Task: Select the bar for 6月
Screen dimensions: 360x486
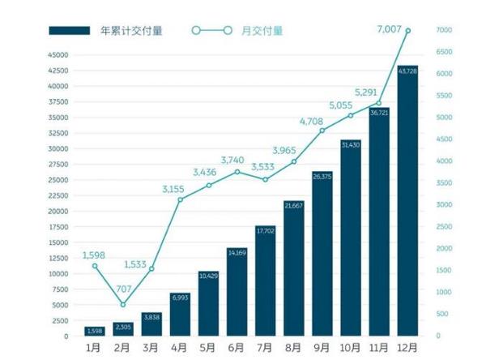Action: (237, 292)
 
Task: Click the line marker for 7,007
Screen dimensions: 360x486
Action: (407, 31)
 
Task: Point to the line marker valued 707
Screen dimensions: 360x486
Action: (123, 305)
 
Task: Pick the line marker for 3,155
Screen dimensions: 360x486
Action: (181, 199)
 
